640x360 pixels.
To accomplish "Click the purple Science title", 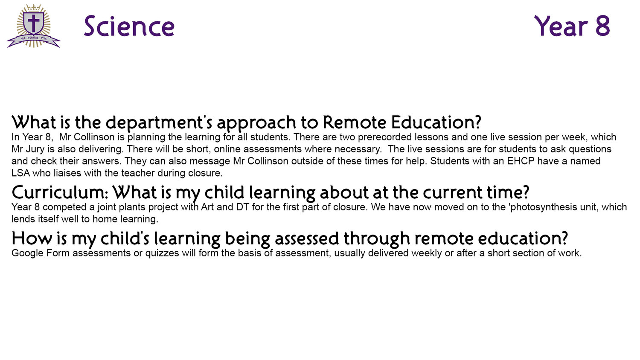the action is click(x=129, y=26).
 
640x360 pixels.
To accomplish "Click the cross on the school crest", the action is click(x=34, y=23).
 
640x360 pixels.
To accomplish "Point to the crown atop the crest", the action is click(x=34, y=8).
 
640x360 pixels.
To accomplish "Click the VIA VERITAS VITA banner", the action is click(x=34, y=40).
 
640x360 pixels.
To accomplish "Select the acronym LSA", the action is click(x=20, y=173).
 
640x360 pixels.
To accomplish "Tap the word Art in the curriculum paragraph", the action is click(x=207, y=207).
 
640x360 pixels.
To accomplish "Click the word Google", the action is click(x=27, y=253).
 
